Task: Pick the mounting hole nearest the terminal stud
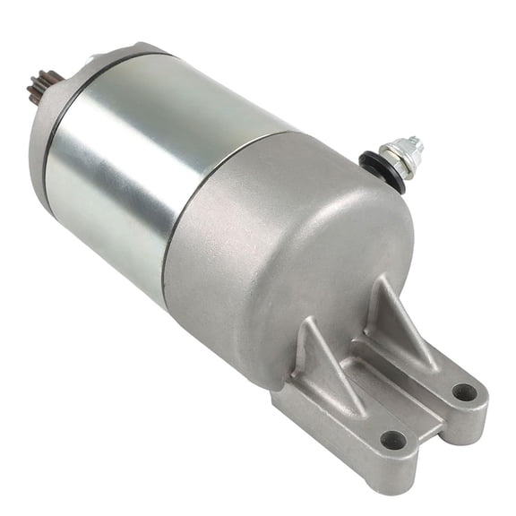[464, 391]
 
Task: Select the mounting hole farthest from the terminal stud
[392, 440]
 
